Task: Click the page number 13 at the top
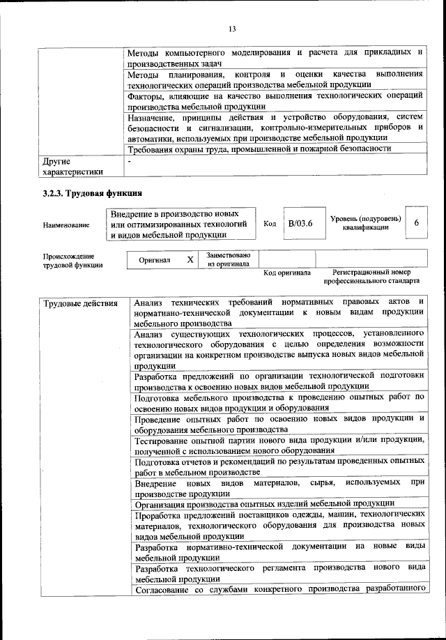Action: tap(232, 29)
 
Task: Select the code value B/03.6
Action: tap(301, 223)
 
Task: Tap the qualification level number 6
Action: tap(416, 223)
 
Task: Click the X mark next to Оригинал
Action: tap(190, 259)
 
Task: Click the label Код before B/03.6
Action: tap(270, 223)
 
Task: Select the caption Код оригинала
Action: tap(286, 273)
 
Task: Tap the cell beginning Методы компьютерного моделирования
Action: tap(276, 58)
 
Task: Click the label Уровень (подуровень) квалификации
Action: tap(366, 222)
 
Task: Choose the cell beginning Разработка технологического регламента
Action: tap(279, 573)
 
